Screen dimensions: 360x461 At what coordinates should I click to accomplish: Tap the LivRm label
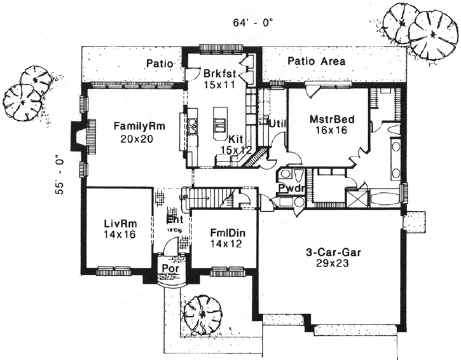pyautogui.click(x=117, y=224)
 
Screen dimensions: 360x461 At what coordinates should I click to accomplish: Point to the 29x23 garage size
pyautogui.click(x=333, y=263)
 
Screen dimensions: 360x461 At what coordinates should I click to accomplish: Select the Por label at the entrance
pyautogui.click(x=169, y=268)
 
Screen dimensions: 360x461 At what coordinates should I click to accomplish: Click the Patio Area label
pyautogui.click(x=316, y=62)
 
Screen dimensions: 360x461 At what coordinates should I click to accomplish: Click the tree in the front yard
pyautogui.click(x=202, y=313)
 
